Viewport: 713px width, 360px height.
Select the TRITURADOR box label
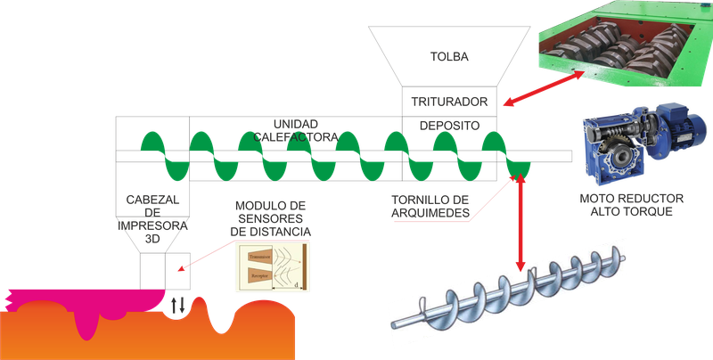(447, 102)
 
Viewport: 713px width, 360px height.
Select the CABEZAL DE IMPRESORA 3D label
(152, 213)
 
